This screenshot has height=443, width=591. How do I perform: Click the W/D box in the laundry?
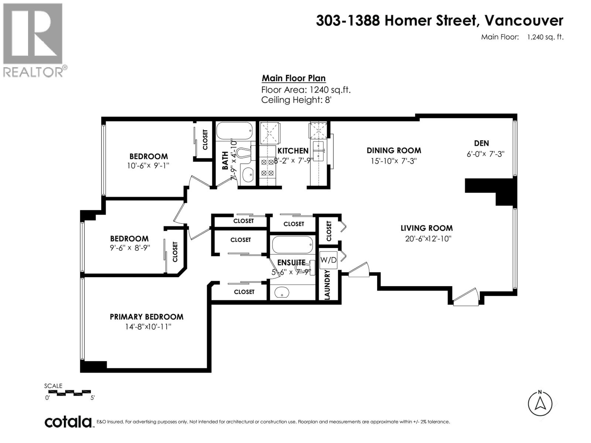(x=328, y=260)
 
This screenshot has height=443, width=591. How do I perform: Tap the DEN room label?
(x=481, y=143)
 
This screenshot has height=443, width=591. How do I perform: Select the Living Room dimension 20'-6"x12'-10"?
(x=428, y=239)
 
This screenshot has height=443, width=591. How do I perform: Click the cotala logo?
(x=68, y=422)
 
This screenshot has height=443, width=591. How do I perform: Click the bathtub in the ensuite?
(x=292, y=244)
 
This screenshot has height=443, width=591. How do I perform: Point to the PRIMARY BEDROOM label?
(x=147, y=317)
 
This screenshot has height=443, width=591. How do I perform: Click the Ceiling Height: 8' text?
(x=296, y=100)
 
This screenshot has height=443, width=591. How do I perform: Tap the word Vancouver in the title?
(x=524, y=21)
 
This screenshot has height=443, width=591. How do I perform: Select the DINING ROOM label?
(x=394, y=150)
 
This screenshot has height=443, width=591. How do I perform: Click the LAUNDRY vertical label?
(x=327, y=284)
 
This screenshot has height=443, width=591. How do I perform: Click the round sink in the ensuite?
(x=282, y=294)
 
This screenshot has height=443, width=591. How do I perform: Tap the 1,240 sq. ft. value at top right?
(x=545, y=37)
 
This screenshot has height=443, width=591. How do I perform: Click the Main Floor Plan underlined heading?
(x=294, y=78)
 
